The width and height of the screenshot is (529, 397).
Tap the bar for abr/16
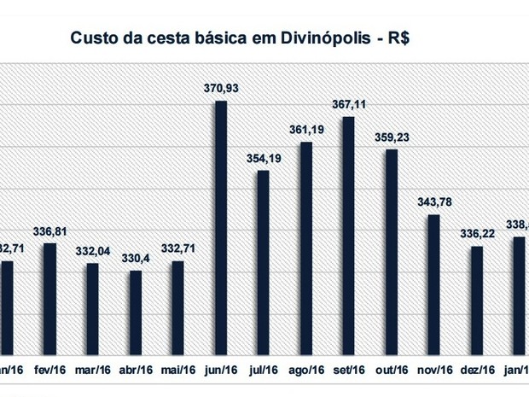[x=135, y=312]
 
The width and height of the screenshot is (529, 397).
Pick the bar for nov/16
[x=433, y=284]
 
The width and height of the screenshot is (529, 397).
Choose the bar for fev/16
[x=49, y=299]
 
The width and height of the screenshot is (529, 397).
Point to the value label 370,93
[x=220, y=88]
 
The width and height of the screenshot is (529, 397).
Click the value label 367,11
[x=348, y=104]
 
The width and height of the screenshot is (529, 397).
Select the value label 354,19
[x=263, y=158]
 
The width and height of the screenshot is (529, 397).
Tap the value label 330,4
[x=135, y=258]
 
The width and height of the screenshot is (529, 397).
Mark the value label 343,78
[x=433, y=201]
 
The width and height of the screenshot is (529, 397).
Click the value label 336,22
[x=476, y=233]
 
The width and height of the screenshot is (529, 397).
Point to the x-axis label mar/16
[x=92, y=370]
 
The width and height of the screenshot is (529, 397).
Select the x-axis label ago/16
[x=305, y=370]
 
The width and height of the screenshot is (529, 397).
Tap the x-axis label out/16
[x=391, y=370]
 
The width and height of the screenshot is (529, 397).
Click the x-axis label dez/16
[x=476, y=370]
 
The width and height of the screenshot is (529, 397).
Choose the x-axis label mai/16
[x=177, y=370]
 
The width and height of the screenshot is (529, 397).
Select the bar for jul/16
[x=263, y=262]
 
